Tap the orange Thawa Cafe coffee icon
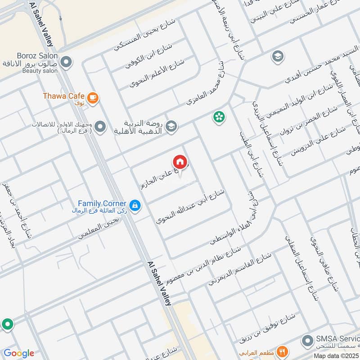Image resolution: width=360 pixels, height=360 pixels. tap(93, 98)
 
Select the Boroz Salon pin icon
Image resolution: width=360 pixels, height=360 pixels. tap(66, 62)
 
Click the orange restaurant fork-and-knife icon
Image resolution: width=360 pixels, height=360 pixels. tap(282, 351)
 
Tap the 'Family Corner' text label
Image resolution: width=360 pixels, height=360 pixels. tap(102, 203)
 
